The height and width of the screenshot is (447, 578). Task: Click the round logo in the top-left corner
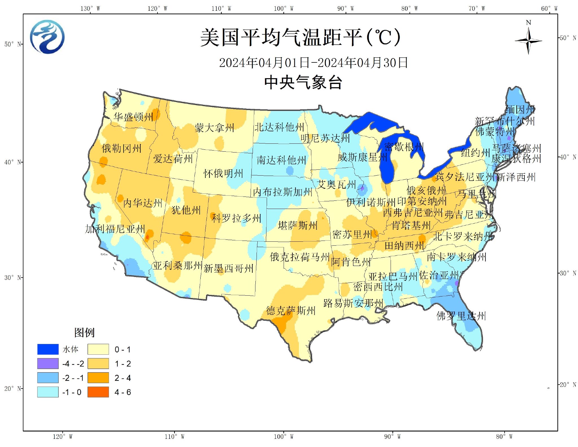click(47, 37)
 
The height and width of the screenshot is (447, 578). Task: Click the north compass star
click(528, 41)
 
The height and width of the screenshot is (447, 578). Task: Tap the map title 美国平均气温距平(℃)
click(300, 37)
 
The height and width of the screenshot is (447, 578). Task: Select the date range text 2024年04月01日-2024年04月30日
click(313, 63)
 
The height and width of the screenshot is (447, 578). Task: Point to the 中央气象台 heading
click(303, 82)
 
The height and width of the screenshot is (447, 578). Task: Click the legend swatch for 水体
click(48, 349)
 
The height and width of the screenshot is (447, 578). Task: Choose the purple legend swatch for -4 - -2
click(48, 363)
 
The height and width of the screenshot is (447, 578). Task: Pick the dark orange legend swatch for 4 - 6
click(98, 392)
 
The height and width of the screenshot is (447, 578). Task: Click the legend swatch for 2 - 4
click(98, 378)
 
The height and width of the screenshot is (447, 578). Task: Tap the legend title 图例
click(84, 332)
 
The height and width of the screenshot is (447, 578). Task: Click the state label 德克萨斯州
click(291, 311)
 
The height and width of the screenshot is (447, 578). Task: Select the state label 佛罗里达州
click(461, 316)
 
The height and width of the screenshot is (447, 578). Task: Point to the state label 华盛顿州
click(133, 117)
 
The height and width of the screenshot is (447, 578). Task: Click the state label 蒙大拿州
click(214, 128)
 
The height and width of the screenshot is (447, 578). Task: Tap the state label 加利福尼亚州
click(115, 229)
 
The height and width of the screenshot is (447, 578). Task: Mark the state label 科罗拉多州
click(237, 218)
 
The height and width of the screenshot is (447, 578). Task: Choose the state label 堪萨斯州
click(298, 225)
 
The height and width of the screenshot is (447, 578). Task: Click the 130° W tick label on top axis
click(90, 8)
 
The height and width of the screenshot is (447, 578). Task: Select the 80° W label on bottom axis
click(504, 437)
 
